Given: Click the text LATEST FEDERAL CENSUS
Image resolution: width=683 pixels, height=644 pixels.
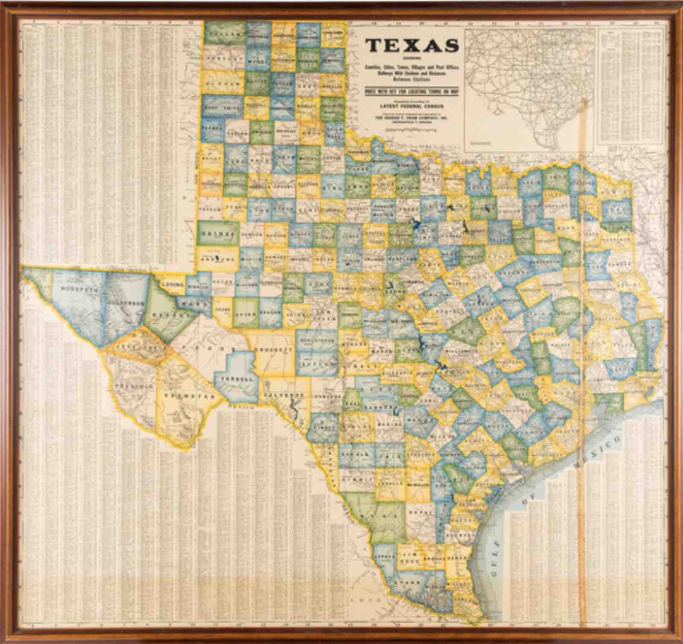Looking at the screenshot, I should [x=412, y=105].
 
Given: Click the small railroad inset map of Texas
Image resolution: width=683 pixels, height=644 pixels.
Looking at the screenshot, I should [x=529, y=90].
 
